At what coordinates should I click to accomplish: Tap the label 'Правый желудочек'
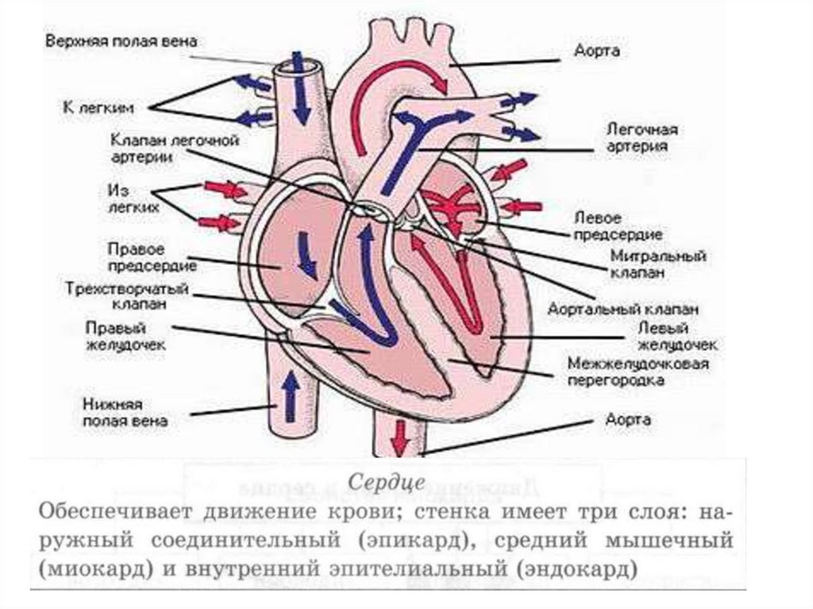126,336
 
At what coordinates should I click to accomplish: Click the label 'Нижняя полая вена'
125,413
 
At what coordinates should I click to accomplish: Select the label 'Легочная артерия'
636,137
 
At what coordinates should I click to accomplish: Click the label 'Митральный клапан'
658,264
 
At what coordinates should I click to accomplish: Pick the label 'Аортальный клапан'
623,309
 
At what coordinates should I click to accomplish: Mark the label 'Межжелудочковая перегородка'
638,372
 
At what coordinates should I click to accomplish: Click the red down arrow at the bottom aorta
400,435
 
